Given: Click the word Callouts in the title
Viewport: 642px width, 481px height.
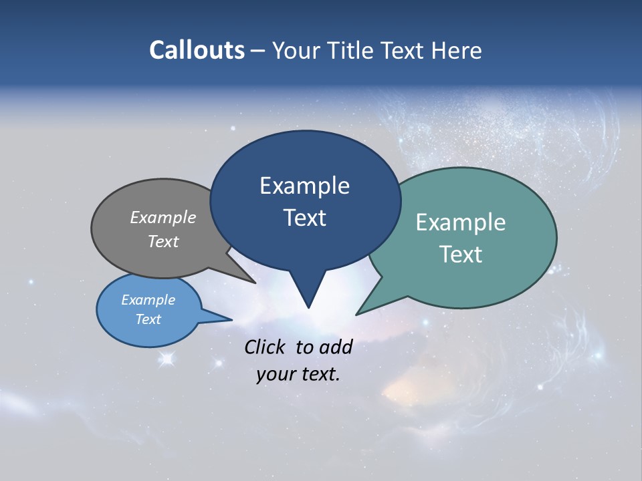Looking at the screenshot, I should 197,50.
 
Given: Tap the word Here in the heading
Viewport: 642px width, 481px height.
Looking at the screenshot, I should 454,50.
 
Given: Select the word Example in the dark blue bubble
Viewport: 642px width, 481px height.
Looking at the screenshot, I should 304,186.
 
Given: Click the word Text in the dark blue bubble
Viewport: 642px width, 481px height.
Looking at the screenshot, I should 304,218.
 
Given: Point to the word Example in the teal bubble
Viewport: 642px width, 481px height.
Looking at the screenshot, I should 461,222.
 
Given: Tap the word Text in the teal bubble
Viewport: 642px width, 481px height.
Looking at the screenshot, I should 461,255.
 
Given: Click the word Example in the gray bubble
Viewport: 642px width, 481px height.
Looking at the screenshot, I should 163,217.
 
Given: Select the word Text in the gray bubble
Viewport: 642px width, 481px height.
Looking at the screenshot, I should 163,241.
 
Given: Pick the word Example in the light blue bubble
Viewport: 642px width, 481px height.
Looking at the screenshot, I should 148,300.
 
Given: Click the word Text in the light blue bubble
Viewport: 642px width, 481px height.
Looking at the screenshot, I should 148,319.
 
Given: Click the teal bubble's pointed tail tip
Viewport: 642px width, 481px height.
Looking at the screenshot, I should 357,314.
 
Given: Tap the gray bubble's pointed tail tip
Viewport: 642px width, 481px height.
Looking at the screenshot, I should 255,283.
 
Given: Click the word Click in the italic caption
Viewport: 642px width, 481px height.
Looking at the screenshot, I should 265,347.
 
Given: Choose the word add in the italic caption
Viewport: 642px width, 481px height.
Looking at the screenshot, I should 335,347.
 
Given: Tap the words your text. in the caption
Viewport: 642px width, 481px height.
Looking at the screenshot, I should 298,374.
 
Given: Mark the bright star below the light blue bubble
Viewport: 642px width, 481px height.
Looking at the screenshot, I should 167,359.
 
